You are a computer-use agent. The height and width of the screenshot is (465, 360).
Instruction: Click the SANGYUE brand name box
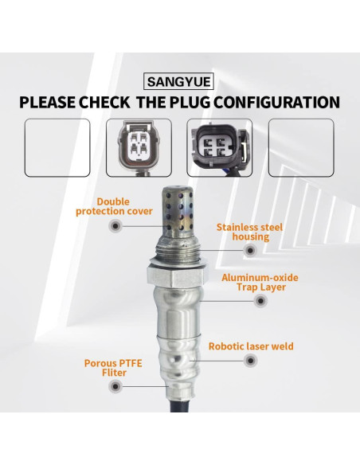(x=180, y=80)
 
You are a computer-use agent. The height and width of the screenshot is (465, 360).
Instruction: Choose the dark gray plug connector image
(x=219, y=147)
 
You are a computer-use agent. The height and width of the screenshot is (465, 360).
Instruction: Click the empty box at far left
(x=57, y=147)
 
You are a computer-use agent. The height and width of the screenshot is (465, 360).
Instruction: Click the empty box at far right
(x=300, y=147)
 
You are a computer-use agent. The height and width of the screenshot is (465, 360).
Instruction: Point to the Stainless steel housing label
(x=249, y=231)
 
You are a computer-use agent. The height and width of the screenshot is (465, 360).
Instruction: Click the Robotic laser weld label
(x=250, y=346)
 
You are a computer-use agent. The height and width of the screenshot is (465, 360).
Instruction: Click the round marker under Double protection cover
(x=116, y=227)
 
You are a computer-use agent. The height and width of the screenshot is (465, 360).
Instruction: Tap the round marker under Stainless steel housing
(x=250, y=250)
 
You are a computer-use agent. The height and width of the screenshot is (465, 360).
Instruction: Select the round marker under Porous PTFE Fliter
(x=116, y=386)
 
